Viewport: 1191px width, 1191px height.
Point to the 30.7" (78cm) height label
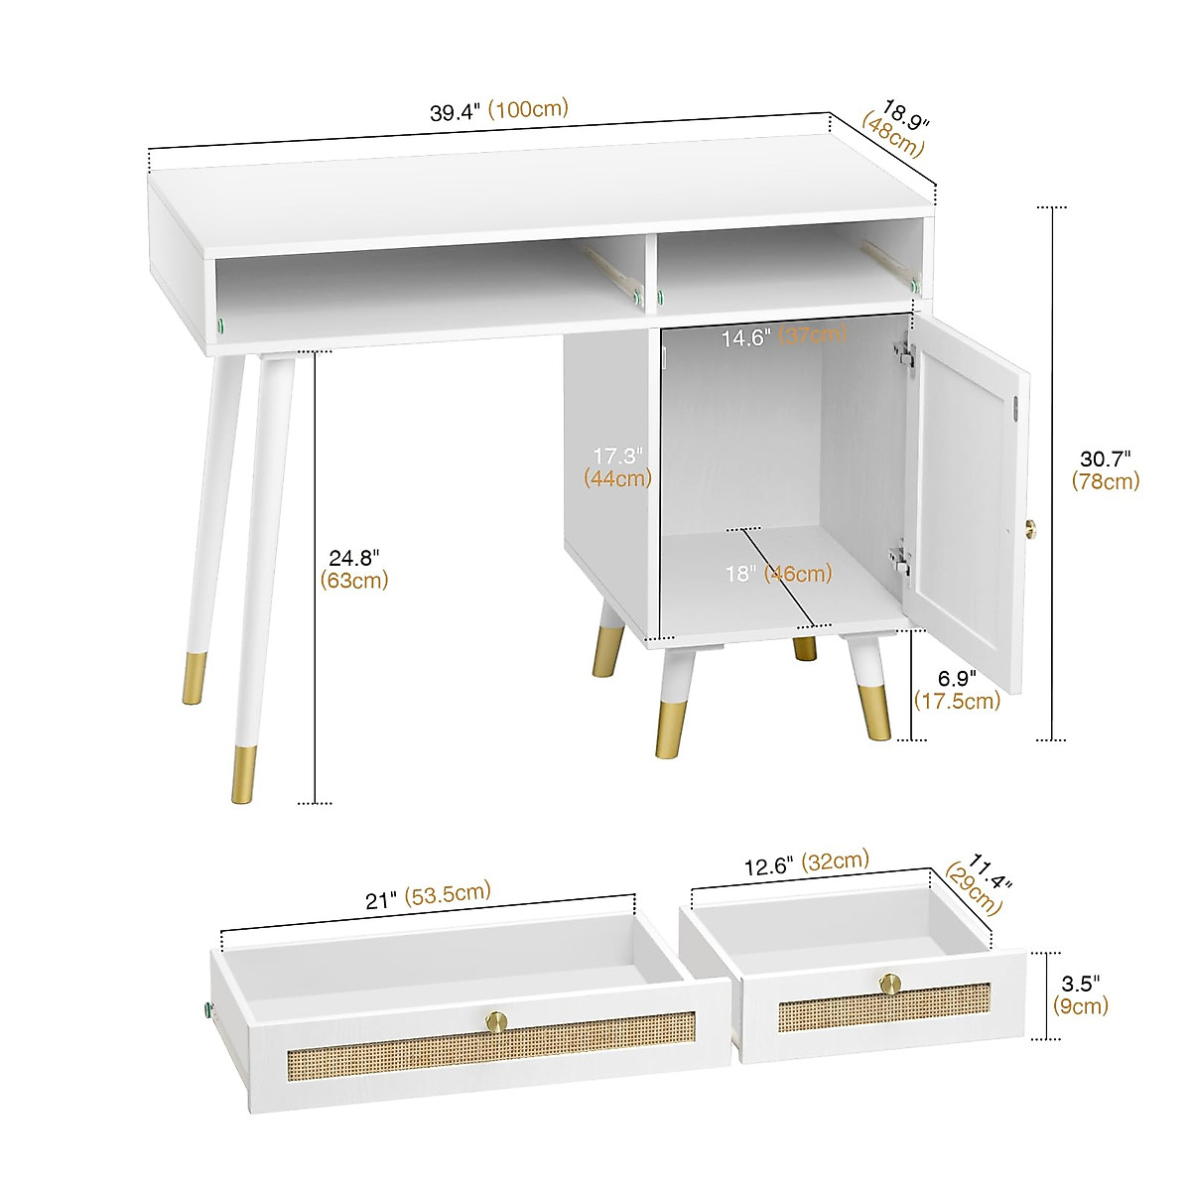pos(1106,469)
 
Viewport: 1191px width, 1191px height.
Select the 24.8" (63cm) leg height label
pos(354,570)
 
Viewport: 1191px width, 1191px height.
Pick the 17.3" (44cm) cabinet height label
pos(618,466)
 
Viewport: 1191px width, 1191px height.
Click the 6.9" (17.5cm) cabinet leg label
pos(957,689)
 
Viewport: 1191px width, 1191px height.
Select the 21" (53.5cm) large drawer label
pos(428,895)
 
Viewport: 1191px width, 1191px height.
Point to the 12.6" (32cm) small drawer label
pos(807,862)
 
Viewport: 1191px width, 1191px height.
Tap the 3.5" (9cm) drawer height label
pos(1080,995)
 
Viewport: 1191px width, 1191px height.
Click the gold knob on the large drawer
pos(494,1019)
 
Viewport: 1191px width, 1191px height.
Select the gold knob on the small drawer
pos(889,984)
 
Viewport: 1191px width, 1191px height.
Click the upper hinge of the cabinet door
pos(902,355)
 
